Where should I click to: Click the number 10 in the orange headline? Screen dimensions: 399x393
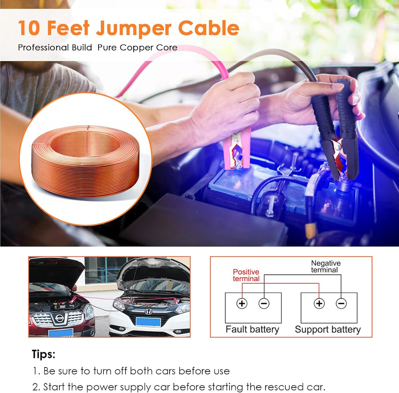point(29,28)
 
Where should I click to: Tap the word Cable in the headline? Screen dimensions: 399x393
point(209,28)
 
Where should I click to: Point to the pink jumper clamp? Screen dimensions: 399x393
point(237,149)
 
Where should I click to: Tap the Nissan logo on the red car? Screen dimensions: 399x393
point(59,318)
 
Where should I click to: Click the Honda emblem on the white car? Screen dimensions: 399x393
point(148,312)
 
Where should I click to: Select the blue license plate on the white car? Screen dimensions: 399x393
point(148,322)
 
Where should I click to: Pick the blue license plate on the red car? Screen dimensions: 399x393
point(61,333)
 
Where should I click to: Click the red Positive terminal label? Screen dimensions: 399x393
point(246,275)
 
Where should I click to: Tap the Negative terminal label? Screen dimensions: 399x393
point(326,266)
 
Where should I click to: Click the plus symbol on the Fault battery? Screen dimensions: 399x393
point(242,304)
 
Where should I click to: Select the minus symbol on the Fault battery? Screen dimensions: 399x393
point(264,304)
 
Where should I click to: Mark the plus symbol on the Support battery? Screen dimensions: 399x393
point(319,304)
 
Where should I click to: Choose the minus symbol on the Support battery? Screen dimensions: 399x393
point(341,304)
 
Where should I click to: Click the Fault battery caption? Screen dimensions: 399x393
point(253,329)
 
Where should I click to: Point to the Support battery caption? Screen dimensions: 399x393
point(328,329)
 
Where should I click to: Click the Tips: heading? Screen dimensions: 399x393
point(43,354)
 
